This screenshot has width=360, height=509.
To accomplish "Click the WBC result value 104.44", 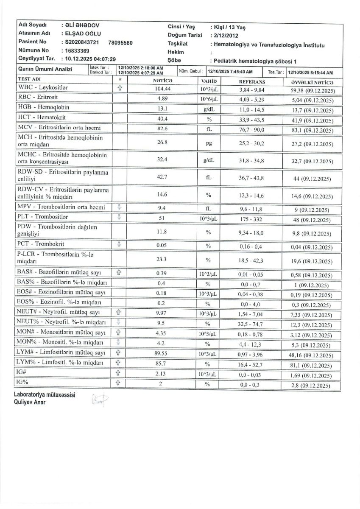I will point(161,87).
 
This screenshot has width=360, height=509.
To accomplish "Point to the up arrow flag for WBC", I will point(120,88).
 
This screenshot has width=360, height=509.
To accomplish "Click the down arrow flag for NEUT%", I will point(120,323).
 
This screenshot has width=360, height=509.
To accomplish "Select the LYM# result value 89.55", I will point(161,353).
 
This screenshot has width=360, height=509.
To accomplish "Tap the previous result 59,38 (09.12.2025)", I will point(311,90).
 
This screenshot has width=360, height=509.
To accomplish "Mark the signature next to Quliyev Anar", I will point(100,400).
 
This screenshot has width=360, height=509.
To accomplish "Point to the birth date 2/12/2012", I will point(228,36).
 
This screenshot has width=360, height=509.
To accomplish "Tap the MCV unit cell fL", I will point(209,128).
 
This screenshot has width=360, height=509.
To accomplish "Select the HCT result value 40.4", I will point(161,118).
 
